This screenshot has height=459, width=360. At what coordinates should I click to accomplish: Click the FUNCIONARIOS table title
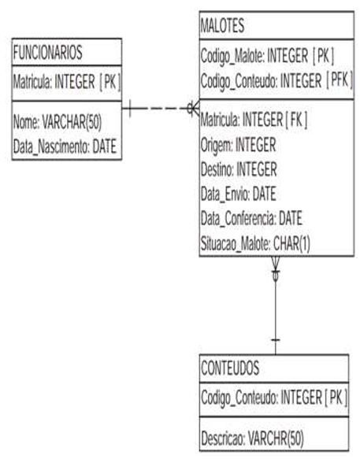(x=48, y=53)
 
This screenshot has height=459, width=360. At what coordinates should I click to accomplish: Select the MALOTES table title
(x=222, y=25)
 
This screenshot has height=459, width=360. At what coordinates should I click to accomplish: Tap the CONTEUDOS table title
(x=230, y=368)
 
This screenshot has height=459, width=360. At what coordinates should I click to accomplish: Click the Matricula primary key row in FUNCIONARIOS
(x=67, y=82)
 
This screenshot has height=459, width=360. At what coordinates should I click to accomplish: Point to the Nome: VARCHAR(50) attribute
(x=58, y=121)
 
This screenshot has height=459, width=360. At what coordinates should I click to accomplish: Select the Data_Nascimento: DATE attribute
(x=65, y=146)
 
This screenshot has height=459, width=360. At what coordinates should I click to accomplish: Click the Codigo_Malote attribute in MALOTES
(x=267, y=56)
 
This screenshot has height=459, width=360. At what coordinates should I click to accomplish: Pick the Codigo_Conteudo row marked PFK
(x=276, y=80)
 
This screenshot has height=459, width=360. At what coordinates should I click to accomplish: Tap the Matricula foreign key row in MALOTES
(x=254, y=120)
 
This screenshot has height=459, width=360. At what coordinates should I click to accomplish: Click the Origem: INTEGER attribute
(x=238, y=145)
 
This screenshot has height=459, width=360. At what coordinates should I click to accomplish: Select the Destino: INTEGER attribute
(x=239, y=169)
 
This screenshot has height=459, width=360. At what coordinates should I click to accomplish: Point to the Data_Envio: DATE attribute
(x=238, y=194)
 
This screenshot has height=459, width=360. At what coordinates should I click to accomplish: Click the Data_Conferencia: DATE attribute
(x=251, y=218)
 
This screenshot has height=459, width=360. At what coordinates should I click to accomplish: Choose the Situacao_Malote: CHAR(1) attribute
(x=255, y=243)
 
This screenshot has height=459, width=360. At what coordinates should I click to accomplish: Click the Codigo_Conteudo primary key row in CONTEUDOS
(x=274, y=398)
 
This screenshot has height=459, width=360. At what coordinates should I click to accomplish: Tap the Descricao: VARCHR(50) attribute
(x=252, y=439)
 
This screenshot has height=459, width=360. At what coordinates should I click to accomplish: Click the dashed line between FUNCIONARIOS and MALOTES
(x=161, y=109)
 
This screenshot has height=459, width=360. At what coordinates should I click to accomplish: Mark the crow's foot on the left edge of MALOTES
(x=194, y=109)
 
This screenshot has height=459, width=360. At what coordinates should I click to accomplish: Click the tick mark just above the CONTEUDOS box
(x=276, y=340)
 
